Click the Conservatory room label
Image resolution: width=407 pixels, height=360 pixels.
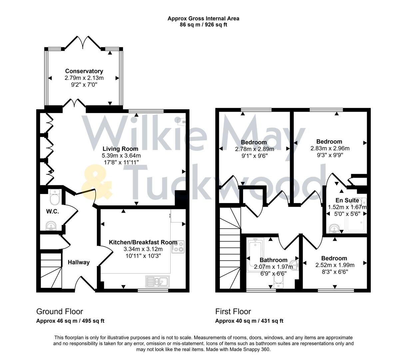[84, 71]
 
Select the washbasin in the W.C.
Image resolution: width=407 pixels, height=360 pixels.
[51, 226]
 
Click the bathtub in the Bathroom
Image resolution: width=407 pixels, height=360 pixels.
[255, 255]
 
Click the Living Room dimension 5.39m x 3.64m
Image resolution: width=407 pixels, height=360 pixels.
[121, 156]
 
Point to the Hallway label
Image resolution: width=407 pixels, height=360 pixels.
[79, 262]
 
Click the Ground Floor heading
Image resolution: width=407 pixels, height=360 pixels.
[59, 312]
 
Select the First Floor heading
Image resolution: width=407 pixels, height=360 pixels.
[233, 312]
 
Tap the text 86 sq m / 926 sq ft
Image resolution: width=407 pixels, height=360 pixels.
[203, 25]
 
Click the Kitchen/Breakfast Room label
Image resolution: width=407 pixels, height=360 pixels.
[143, 242]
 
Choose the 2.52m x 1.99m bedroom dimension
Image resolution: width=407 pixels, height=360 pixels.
[335, 265]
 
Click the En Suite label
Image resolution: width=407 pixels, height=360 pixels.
[347, 200]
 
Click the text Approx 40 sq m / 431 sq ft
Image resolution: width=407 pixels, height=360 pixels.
[249, 321]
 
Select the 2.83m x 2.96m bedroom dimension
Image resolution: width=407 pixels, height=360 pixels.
[330, 149]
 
